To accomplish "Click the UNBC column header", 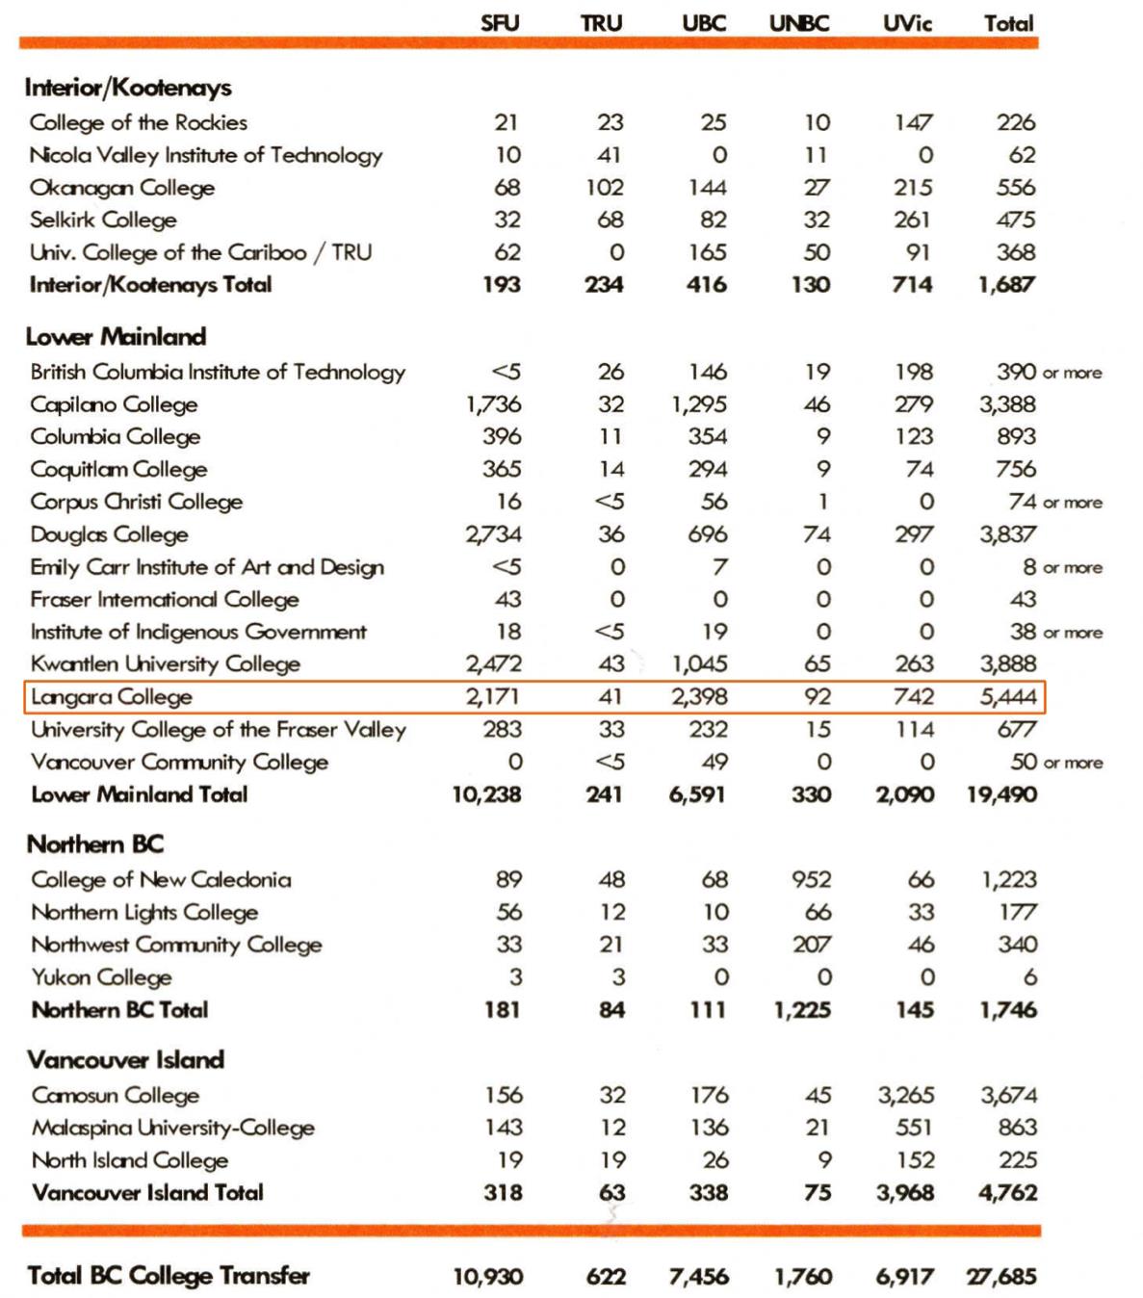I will [x=798, y=23].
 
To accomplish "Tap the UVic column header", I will [x=907, y=23].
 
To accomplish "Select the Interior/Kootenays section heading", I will [x=128, y=88].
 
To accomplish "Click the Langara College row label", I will [x=112, y=696].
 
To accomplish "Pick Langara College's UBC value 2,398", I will [x=699, y=696].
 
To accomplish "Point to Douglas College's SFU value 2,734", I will [x=493, y=534].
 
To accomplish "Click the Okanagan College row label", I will [x=122, y=188].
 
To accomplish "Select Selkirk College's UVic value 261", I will [x=912, y=220].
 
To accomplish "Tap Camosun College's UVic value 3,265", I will [x=905, y=1095].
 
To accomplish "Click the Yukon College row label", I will [x=101, y=977].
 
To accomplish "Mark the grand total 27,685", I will [x=1001, y=1277].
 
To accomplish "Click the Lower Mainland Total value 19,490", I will [x=1001, y=794].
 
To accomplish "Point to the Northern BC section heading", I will [x=95, y=844].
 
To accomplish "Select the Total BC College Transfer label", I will [x=169, y=1276].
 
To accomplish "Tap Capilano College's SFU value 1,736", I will [x=493, y=404].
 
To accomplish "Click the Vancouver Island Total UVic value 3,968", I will [x=905, y=1192].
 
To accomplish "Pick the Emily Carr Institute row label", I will [x=207, y=567].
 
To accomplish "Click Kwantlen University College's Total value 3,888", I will [x=1008, y=663].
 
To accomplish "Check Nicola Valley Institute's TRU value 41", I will [x=609, y=155].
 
